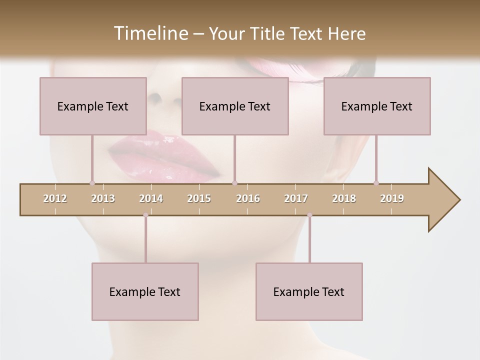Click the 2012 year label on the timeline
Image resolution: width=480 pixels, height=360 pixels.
click(x=55, y=198)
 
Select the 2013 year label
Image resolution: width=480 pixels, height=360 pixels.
click(x=103, y=198)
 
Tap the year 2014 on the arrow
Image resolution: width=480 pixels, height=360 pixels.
click(x=151, y=198)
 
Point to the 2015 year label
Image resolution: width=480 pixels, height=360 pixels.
click(x=199, y=198)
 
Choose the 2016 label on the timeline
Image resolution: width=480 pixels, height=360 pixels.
click(x=248, y=198)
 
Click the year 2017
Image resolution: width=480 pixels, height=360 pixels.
click(x=296, y=198)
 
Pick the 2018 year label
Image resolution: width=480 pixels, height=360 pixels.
click(x=344, y=198)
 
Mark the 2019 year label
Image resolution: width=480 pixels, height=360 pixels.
click(x=392, y=198)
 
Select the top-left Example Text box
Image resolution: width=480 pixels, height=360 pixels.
click(x=93, y=106)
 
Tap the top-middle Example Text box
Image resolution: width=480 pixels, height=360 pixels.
click(x=235, y=106)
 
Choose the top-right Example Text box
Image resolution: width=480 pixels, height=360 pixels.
click(x=377, y=106)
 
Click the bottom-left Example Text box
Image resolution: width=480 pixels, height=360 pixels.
click(x=145, y=291)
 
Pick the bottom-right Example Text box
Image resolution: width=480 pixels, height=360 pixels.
click(x=309, y=291)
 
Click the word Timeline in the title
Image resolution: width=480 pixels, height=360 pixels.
click(x=150, y=33)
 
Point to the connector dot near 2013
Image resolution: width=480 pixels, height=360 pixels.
click(x=92, y=183)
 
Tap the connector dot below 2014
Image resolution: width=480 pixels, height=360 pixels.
click(x=145, y=215)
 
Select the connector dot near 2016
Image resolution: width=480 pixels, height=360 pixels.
click(x=234, y=183)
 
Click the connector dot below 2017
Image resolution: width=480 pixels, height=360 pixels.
click(x=309, y=215)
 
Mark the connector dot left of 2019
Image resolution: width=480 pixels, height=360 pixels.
click(x=376, y=183)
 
